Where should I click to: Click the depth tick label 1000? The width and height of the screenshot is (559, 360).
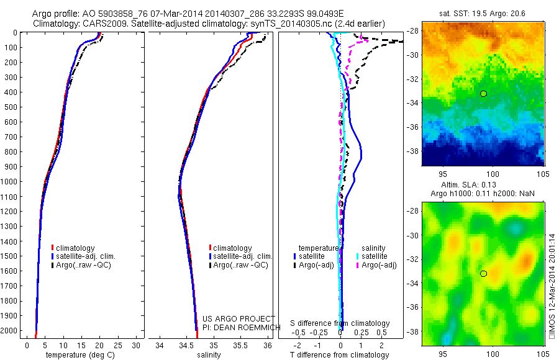[x=10, y=182]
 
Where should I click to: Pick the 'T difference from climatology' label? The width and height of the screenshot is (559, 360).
[x=340, y=355]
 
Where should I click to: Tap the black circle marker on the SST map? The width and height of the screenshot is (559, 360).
[x=483, y=94]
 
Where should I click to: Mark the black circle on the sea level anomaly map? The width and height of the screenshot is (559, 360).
[x=483, y=273]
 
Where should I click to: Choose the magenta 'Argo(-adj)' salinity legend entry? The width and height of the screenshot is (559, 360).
[x=378, y=265]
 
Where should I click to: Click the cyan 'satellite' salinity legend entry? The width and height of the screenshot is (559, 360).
[x=374, y=256]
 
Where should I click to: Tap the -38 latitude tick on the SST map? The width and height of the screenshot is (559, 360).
[x=414, y=151]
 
